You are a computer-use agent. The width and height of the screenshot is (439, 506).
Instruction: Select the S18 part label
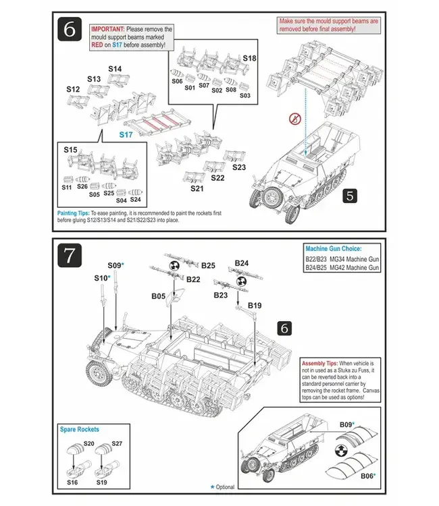249,59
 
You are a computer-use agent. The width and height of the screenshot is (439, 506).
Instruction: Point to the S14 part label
115,69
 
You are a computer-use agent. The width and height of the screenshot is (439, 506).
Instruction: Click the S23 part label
239,167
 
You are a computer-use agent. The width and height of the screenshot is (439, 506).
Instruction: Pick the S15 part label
70,149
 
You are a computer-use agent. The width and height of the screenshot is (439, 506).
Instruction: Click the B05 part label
159,296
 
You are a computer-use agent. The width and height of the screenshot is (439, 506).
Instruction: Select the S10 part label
101,278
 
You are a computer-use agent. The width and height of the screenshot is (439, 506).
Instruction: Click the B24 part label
241,263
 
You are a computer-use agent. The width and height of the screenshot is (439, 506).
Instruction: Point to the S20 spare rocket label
88,443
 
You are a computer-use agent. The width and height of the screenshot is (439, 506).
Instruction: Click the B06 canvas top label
367,476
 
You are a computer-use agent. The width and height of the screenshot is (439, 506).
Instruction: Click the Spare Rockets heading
79,429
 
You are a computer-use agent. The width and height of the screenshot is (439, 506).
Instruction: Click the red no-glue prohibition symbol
294,119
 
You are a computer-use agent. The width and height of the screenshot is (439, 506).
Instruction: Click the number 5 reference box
349,196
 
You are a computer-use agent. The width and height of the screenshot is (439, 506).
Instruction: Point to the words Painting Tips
76,213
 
